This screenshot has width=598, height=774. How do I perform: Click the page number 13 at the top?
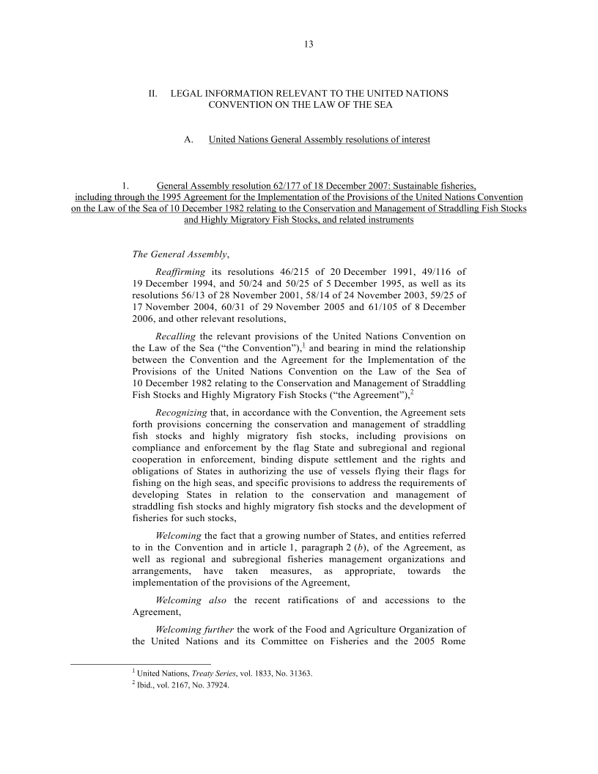click(x=309, y=45)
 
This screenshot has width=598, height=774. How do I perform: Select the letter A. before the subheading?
click(x=188, y=139)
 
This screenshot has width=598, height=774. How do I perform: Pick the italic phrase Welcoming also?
click(x=192, y=600)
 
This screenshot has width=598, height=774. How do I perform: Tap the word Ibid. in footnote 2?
click(x=141, y=686)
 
